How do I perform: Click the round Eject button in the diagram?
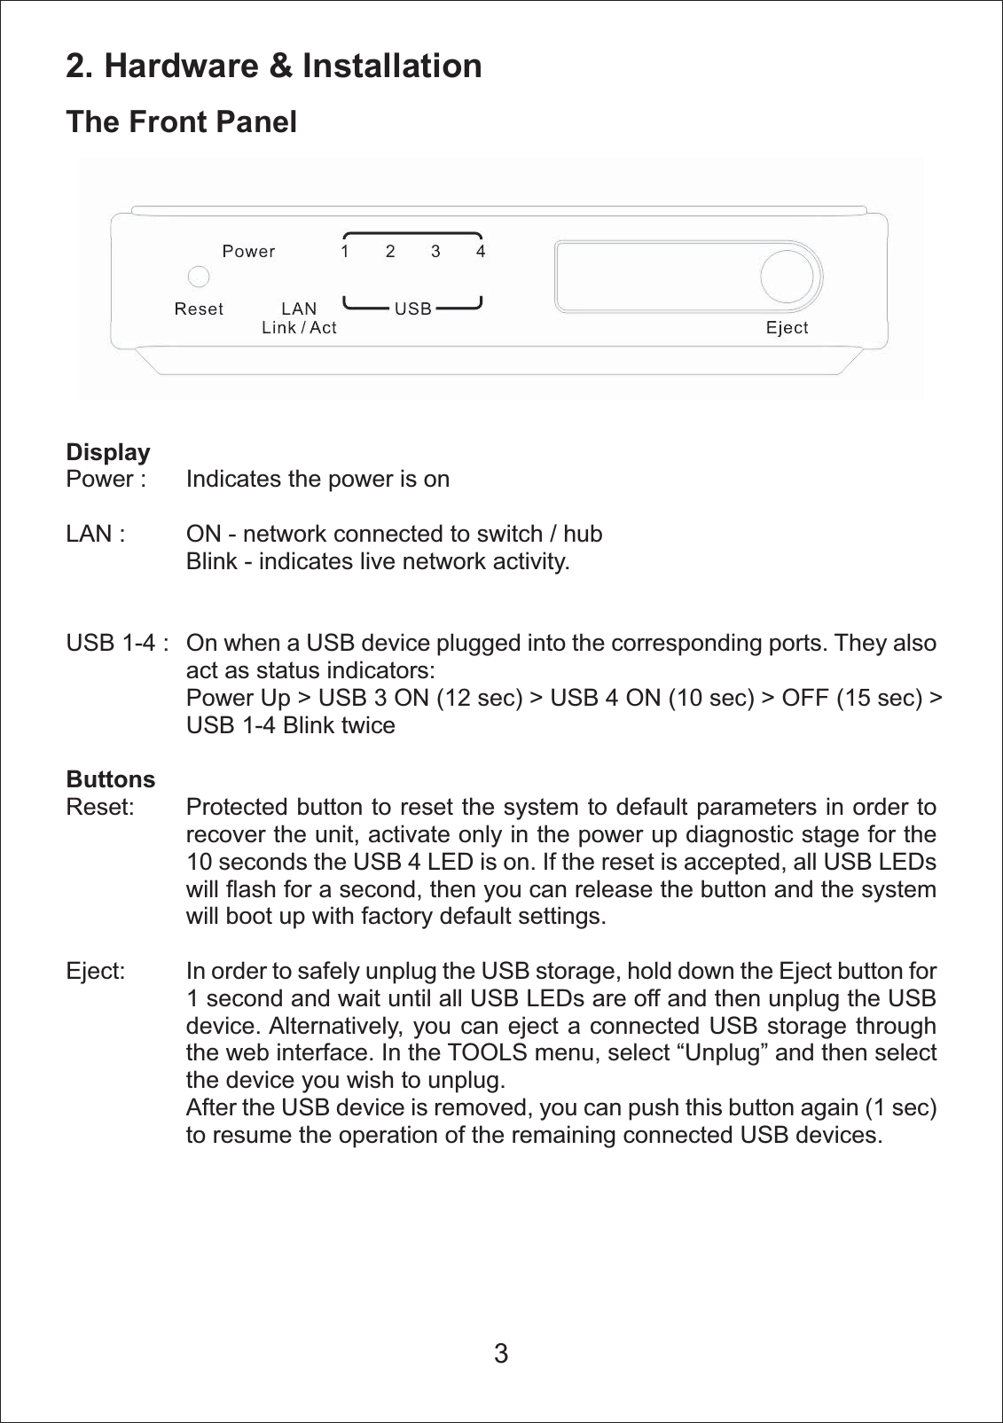pyautogui.click(x=788, y=277)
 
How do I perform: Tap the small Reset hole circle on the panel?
pyautogui.click(x=199, y=278)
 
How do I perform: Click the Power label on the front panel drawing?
pyautogui.click(x=248, y=252)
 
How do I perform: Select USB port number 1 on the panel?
pyautogui.click(x=345, y=252)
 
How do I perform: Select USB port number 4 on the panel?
pyautogui.click(x=481, y=252)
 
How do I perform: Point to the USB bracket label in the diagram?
pyautogui.click(x=412, y=309)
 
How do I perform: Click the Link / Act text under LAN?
pyautogui.click(x=299, y=328)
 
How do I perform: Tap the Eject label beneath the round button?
pyautogui.click(x=787, y=328)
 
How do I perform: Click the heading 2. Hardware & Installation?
pyautogui.click(x=274, y=66)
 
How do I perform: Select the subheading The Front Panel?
pyautogui.click(x=182, y=122)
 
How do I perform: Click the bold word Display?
pyautogui.click(x=108, y=452)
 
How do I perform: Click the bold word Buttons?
pyautogui.click(x=111, y=779)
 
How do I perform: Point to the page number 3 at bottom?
pyautogui.click(x=501, y=1354)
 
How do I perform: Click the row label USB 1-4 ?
pyautogui.click(x=117, y=643)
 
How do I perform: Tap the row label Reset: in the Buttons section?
pyautogui.click(x=100, y=808)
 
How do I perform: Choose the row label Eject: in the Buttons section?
pyautogui.click(x=96, y=971)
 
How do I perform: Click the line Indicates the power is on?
pyautogui.click(x=317, y=480)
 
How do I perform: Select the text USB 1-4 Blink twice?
pyautogui.click(x=290, y=725)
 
